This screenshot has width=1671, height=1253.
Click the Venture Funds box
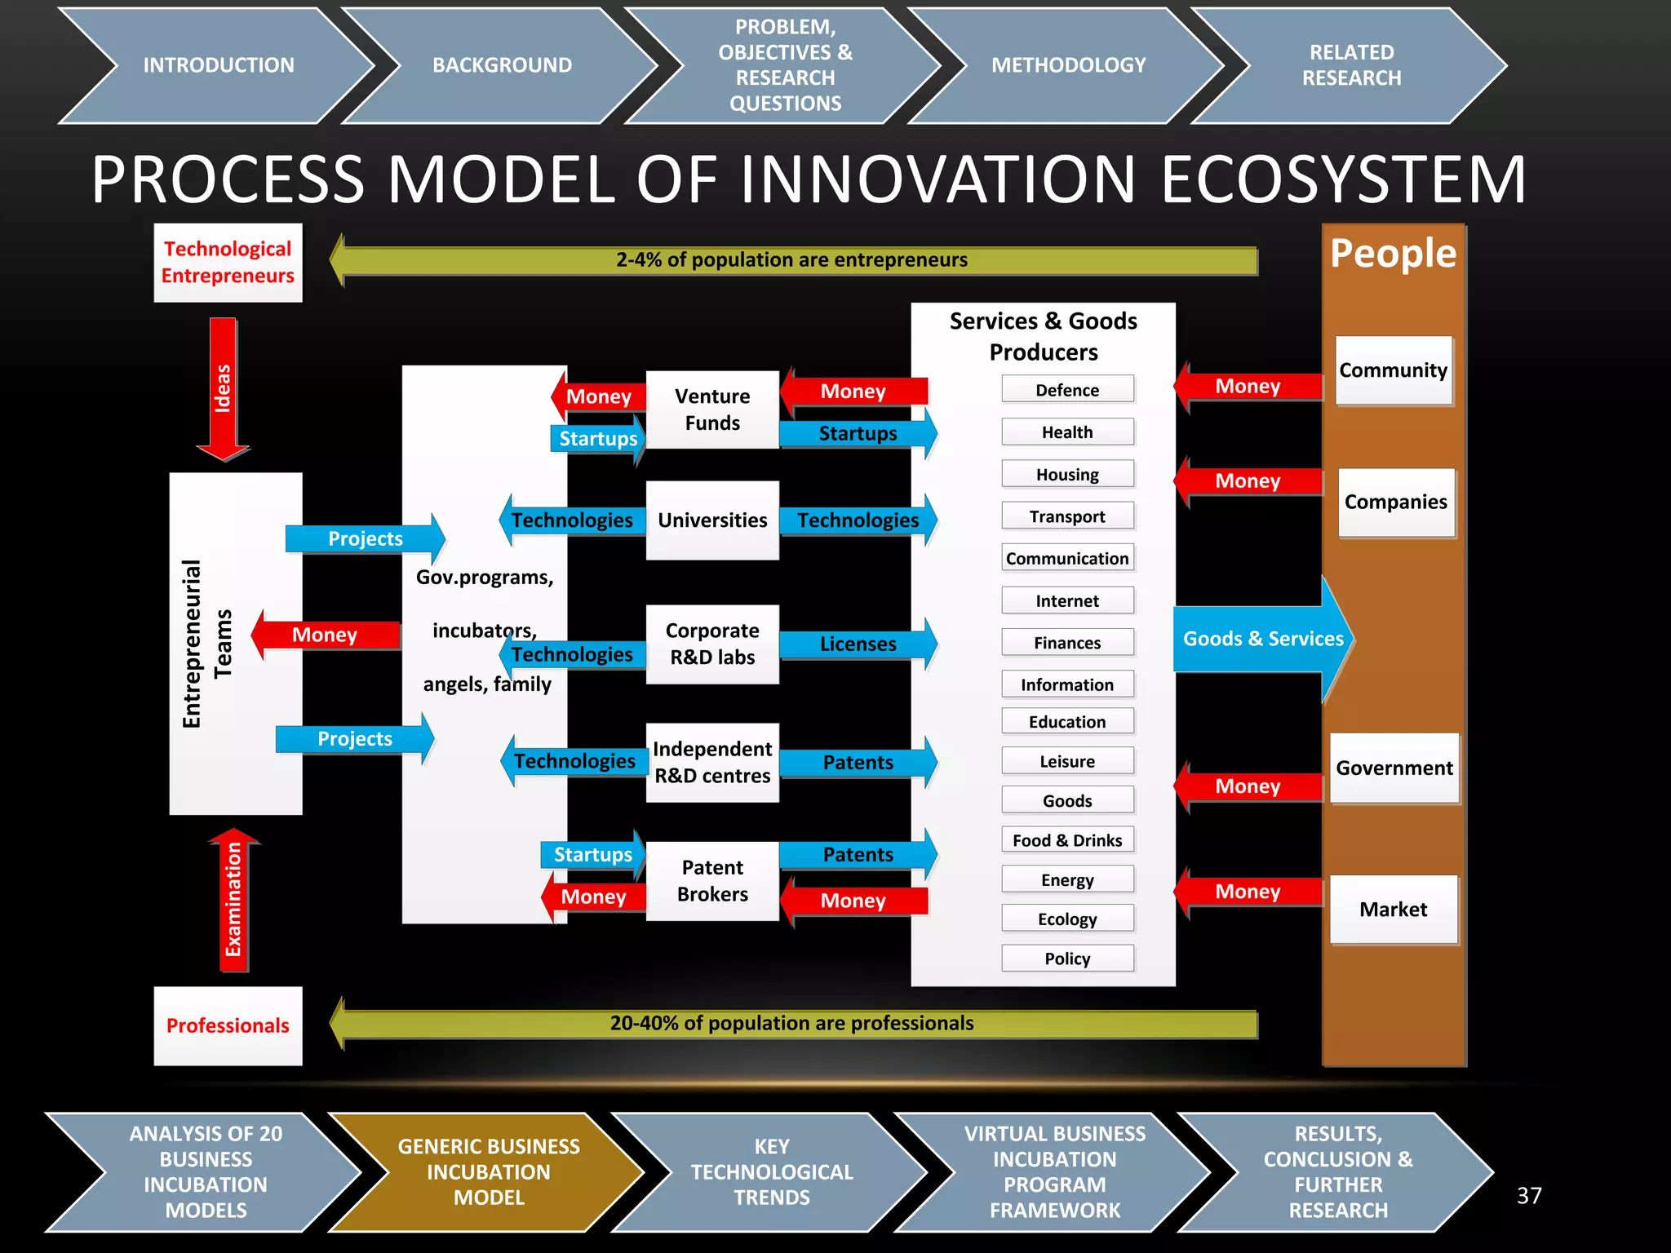click(x=712, y=410)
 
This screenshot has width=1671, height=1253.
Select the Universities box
click(x=712, y=520)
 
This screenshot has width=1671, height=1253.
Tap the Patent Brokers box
click(x=712, y=881)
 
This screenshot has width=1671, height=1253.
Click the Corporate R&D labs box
click(x=712, y=644)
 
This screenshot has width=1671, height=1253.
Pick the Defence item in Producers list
click(x=1067, y=390)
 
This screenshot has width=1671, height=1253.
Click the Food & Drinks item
click(x=1067, y=840)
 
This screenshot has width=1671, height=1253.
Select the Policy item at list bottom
click(x=1067, y=959)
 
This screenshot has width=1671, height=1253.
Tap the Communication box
click(x=1067, y=559)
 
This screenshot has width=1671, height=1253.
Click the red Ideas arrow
click(x=223, y=388)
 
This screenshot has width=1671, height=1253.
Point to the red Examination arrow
click(x=233, y=901)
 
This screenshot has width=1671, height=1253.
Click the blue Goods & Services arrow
click(x=1262, y=639)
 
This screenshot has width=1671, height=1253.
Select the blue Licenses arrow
click(x=857, y=644)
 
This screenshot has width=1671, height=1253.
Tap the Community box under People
click(x=1394, y=370)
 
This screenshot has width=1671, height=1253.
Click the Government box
click(x=1394, y=768)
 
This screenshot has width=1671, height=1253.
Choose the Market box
click(x=1394, y=910)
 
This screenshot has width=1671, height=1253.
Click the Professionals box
click(x=228, y=1025)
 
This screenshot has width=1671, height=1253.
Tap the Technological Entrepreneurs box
click(x=228, y=262)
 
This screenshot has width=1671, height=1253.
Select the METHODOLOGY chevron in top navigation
click(x=1068, y=65)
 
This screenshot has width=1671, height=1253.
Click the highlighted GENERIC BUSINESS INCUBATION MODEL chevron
click(x=488, y=1171)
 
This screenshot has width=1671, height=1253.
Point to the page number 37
click(x=1529, y=1196)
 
